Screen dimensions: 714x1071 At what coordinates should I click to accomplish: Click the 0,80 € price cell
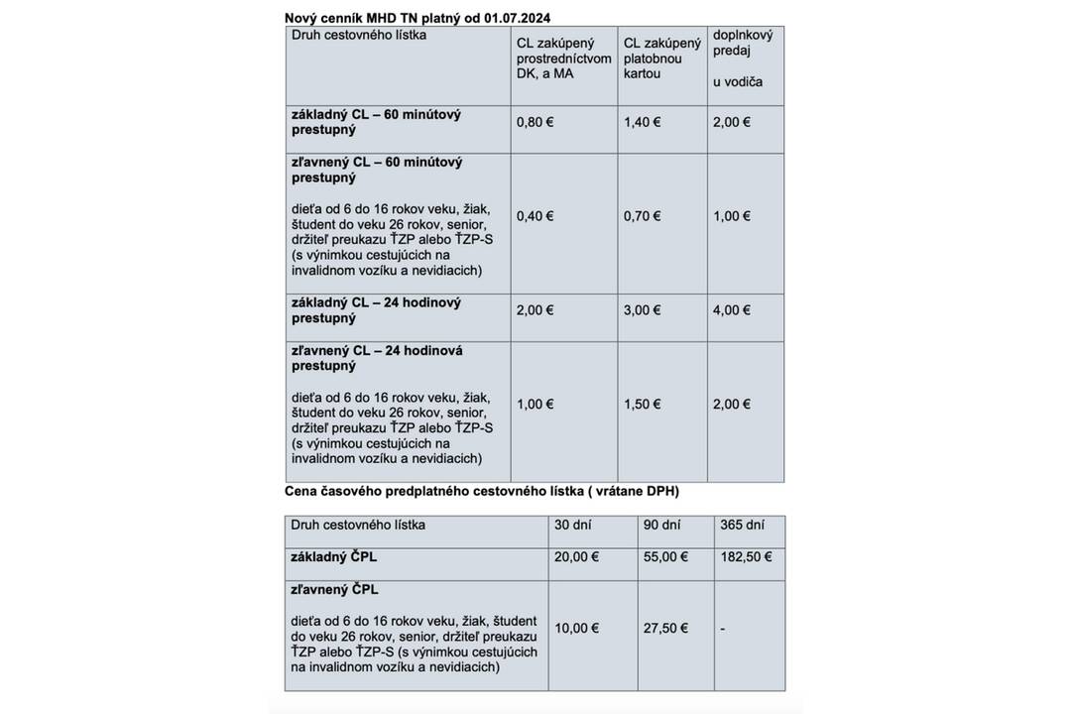[535, 122]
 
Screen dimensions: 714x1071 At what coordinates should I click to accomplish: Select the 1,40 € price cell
[643, 122]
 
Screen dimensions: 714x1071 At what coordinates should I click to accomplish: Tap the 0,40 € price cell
[535, 216]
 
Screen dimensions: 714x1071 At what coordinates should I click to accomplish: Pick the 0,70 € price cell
[643, 216]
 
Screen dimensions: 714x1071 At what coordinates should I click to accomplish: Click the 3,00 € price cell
[643, 310]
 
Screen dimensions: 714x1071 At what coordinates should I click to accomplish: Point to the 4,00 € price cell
[732, 310]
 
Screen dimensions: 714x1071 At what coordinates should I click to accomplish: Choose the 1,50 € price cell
[643, 405]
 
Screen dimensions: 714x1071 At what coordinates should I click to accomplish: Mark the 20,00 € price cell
[577, 557]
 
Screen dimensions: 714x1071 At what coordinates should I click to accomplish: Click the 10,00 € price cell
[577, 629]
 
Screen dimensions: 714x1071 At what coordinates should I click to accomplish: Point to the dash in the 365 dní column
[722, 629]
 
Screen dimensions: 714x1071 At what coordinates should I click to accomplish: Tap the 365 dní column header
[742, 525]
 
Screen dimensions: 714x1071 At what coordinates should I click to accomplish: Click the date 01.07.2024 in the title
[517, 17]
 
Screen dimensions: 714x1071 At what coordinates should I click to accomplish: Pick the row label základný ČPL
[334, 557]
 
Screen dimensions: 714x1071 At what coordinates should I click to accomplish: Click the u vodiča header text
[738, 81]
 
